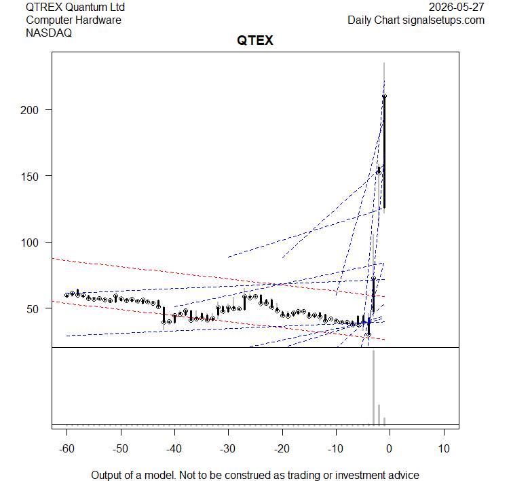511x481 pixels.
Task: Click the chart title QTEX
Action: click(255, 41)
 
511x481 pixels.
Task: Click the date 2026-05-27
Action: click(456, 7)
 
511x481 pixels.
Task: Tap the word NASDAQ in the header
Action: click(49, 33)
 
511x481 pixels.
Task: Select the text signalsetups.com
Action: click(443, 20)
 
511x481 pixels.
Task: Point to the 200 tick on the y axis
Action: click(29, 110)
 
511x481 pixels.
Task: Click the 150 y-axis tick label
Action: click(29, 177)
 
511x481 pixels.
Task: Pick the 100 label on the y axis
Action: click(29, 243)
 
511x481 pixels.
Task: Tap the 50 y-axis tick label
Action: click(33, 308)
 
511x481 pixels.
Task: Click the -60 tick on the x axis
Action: click(67, 448)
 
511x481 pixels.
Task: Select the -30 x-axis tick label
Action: click(228, 448)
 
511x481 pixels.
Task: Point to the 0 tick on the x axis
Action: click(389, 448)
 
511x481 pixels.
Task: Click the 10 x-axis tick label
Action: click(444, 448)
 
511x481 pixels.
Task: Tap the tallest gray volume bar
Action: click(373, 388)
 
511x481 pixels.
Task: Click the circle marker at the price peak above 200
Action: click(384, 96)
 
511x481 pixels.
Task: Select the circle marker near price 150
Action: click(379, 173)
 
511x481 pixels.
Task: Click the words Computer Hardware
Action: click(74, 20)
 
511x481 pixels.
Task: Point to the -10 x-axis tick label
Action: click(335, 448)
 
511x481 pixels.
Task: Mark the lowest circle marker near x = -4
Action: click(368, 335)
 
